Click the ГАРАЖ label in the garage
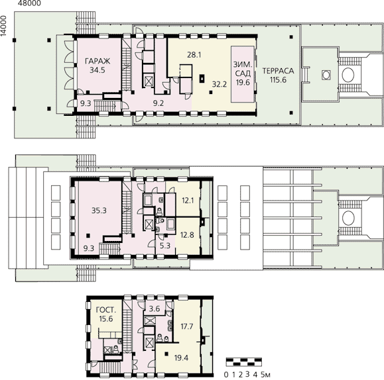click(97, 61)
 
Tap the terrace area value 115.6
click(278, 80)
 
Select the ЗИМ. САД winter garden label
click(243, 69)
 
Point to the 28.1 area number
click(194, 55)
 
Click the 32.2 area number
click(219, 84)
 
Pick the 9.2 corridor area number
click(159, 103)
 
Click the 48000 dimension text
click(29, 3)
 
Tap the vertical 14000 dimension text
click(3, 26)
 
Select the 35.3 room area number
click(99, 211)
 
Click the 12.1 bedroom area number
click(188, 201)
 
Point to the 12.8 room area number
click(187, 235)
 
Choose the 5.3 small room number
click(165, 245)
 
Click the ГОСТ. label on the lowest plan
click(106, 310)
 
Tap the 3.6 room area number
click(155, 309)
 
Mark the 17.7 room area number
click(186, 326)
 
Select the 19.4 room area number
click(181, 358)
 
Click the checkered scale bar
click(243, 362)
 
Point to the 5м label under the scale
click(265, 375)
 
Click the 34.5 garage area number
click(97, 70)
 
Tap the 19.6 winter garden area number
click(243, 82)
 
